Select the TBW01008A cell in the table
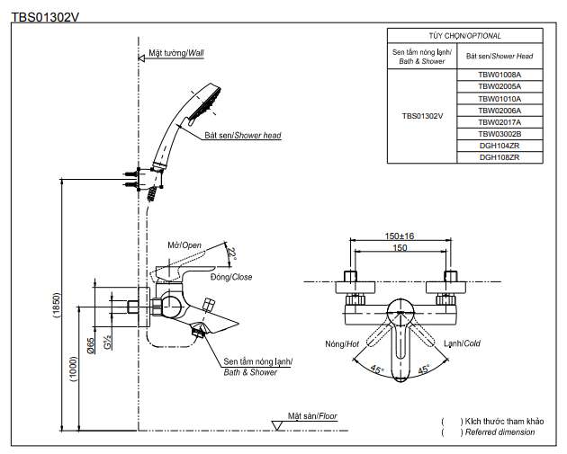coord(499,75)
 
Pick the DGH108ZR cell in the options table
coord(499,156)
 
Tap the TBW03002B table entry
coord(499,133)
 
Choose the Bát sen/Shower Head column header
coord(499,56)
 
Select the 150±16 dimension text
coord(400,236)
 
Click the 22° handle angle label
coord(232,254)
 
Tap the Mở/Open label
coord(184,245)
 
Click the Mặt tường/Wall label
coord(176,54)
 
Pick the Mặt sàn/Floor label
coord(312,417)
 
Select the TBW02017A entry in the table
coord(499,121)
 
